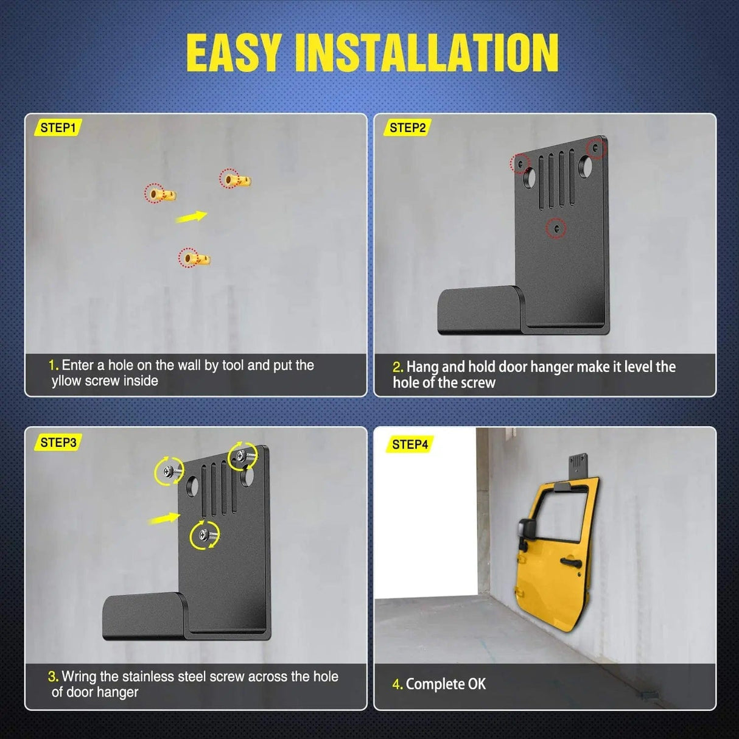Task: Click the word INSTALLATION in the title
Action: pyautogui.click(x=426, y=53)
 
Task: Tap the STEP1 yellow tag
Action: pyautogui.click(x=58, y=128)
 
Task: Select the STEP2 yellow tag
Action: pyautogui.click(x=407, y=128)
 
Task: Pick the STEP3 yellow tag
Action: pyautogui.click(x=58, y=443)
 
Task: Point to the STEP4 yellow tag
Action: pyautogui.click(x=410, y=444)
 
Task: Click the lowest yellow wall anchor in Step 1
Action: pyautogui.click(x=195, y=258)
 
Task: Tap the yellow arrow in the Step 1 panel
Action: pyautogui.click(x=191, y=217)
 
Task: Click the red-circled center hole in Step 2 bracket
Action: pyautogui.click(x=556, y=228)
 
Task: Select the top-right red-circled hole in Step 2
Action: pyautogui.click(x=595, y=148)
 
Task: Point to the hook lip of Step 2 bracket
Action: pyautogui.click(x=480, y=310)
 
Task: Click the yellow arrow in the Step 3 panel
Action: pyautogui.click(x=164, y=519)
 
